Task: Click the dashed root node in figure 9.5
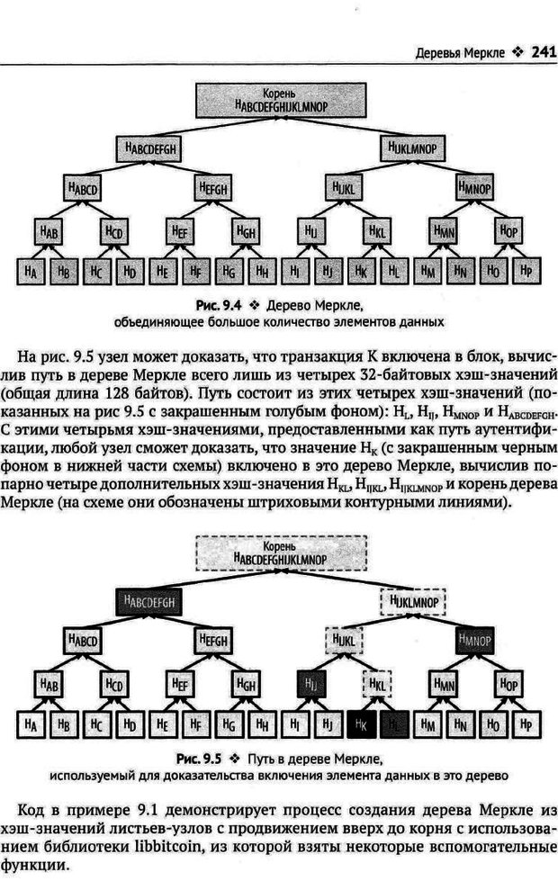click(x=281, y=553)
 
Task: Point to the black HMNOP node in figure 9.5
click(x=477, y=642)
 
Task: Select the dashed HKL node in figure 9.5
click(x=378, y=686)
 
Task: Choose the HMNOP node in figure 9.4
click(x=477, y=189)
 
